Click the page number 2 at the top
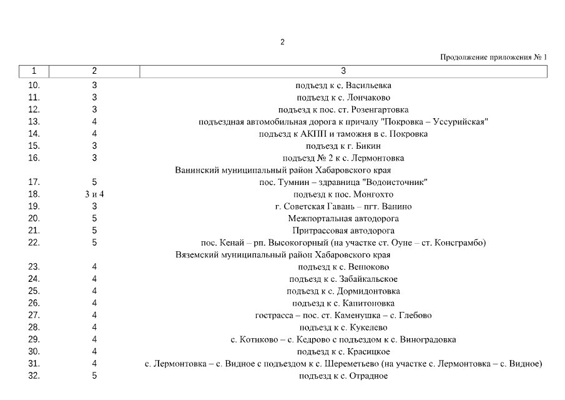pos(282,42)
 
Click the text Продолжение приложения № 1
pos(493,57)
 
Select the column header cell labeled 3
pos(343,71)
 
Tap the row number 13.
pos(34,121)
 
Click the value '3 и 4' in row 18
pos(94,194)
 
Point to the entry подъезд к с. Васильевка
pos(343,86)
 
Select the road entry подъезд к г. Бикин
pos(343,146)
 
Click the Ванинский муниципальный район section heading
pos(283,170)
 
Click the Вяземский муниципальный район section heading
pos(283,255)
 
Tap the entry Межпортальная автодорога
pos(343,219)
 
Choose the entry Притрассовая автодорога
pos(343,231)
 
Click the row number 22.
pos(34,242)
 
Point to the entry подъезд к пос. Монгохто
pos(343,194)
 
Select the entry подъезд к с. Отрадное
pos(343,376)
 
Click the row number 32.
pos(34,376)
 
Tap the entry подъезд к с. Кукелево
pos(343,327)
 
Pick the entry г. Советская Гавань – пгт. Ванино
pos(343,206)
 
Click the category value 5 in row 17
pos(94,182)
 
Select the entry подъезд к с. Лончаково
pos(343,97)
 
